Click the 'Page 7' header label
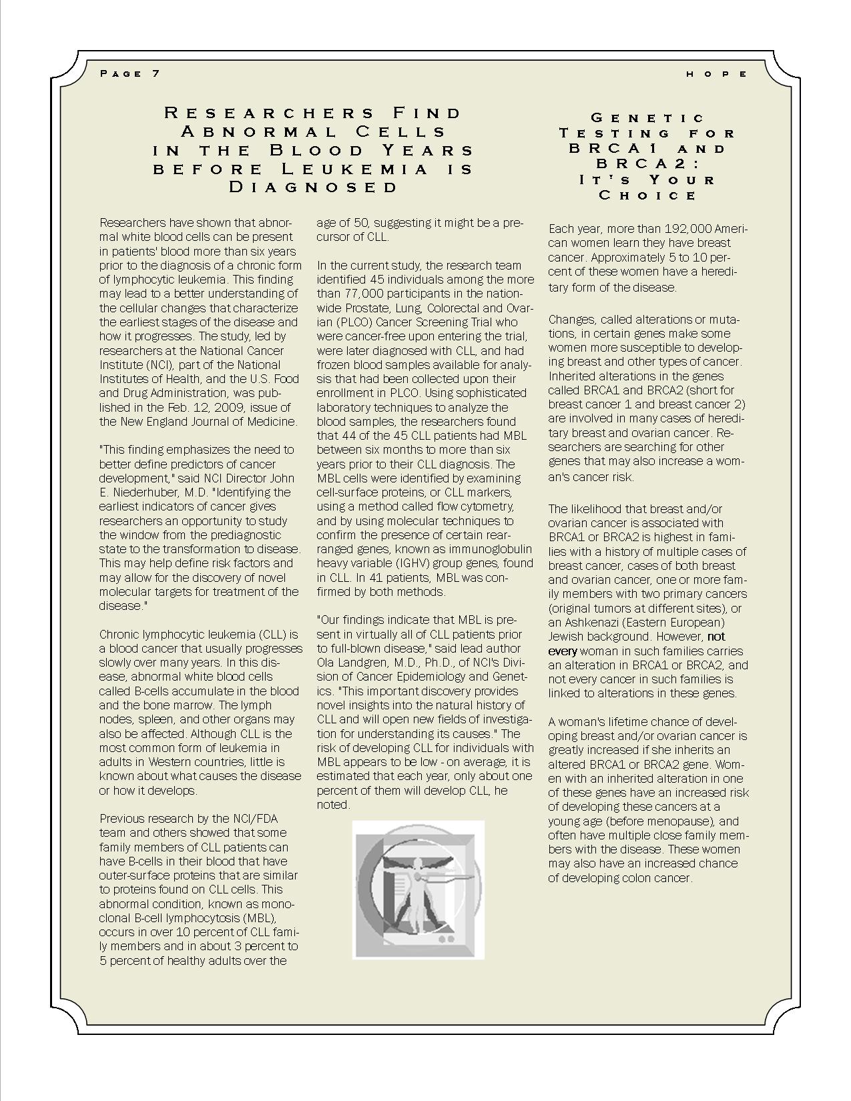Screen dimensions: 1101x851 (x=129, y=73)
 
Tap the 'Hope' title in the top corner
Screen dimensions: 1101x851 (x=717, y=74)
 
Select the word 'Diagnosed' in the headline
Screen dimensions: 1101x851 (x=313, y=187)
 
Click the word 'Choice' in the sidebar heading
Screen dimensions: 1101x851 (x=647, y=196)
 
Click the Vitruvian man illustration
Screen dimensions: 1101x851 (x=418, y=889)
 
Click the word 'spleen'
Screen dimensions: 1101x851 (x=155, y=719)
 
